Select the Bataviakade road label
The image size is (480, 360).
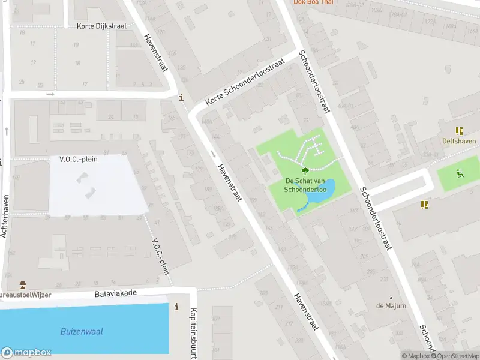click(116, 294)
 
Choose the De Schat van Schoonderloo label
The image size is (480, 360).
click(305, 185)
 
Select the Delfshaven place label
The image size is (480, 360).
click(459, 142)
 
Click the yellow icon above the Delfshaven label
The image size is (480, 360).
click(459, 131)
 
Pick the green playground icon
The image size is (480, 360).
click(460, 174)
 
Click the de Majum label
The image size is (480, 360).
click(391, 306)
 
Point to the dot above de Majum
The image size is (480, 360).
click(391, 298)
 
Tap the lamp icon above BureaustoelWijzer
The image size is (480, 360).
click(23, 284)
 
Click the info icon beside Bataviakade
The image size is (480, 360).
click(176, 307)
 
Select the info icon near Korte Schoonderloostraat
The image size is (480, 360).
click(181, 98)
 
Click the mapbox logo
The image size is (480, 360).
click(26, 353)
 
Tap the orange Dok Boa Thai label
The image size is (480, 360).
click(312, 2)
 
